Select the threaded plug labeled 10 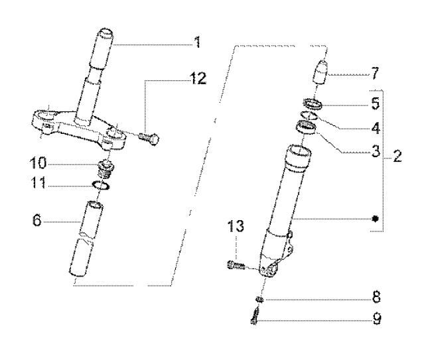[x=103, y=166]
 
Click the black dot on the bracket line [x=376, y=218]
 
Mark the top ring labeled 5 [x=313, y=103]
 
